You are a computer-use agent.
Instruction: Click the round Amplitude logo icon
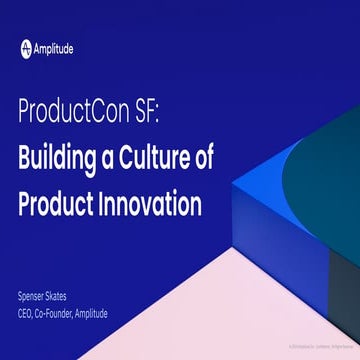[x=26, y=47]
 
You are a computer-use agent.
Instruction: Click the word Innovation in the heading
[x=151, y=203]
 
